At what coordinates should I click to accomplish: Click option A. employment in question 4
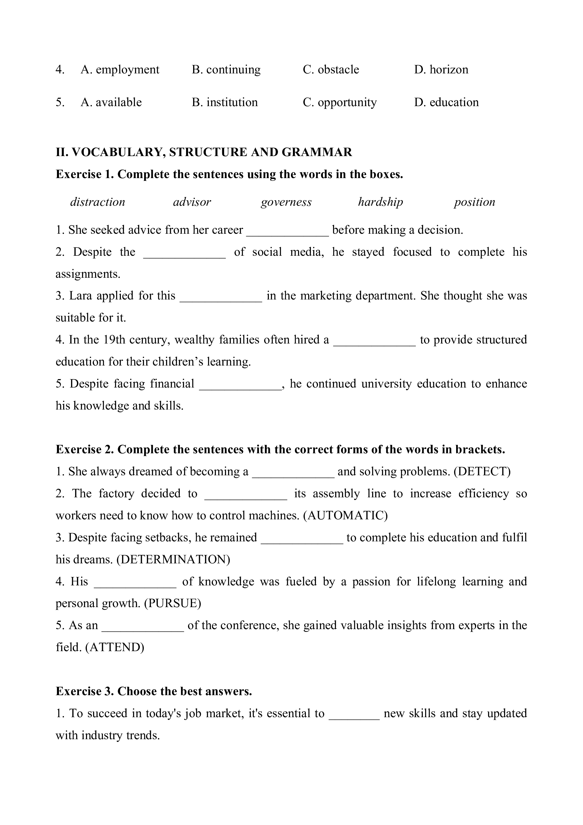(120, 69)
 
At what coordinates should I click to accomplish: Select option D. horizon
(441, 69)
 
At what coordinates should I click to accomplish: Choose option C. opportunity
(340, 102)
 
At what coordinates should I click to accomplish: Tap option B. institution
(225, 102)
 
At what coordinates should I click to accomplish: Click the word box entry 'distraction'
(98, 202)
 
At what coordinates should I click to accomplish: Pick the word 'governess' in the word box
(286, 202)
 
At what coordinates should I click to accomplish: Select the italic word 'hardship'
(381, 202)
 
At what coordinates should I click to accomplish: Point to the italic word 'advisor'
(192, 202)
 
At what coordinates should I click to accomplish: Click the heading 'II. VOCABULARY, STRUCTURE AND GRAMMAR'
(204, 152)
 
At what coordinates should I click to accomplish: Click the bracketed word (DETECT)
(482, 471)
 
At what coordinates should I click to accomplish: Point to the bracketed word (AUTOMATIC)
(345, 516)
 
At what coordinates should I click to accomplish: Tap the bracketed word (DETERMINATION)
(173, 559)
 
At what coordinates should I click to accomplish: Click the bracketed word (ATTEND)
(114, 647)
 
